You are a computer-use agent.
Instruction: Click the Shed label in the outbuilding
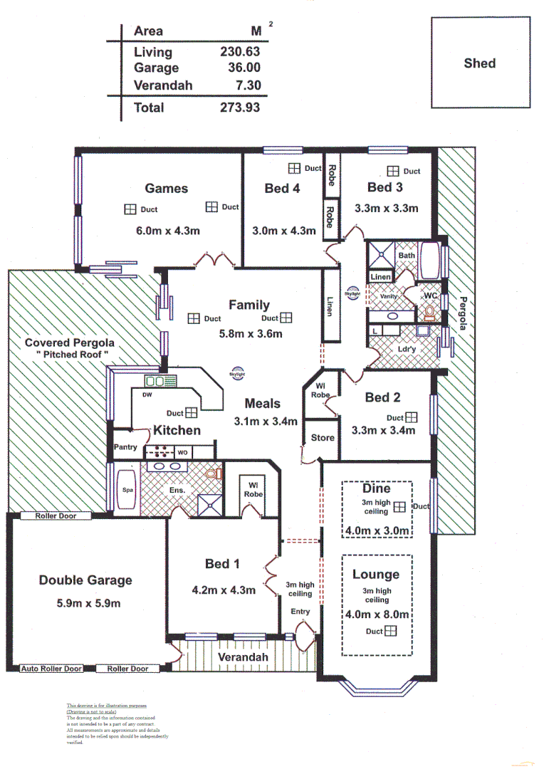point(479,63)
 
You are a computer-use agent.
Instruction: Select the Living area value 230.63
point(240,52)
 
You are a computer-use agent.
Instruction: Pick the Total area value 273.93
point(240,108)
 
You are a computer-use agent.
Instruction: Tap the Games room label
point(167,189)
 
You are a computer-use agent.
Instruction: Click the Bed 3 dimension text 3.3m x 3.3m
point(386,209)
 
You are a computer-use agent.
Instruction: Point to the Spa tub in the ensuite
point(127,490)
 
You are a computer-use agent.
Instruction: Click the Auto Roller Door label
point(51,669)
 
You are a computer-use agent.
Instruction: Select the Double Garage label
point(85,580)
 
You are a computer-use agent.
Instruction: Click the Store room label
point(323,438)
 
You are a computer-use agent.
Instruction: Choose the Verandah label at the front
point(243,656)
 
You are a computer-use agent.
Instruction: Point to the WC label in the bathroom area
point(429,295)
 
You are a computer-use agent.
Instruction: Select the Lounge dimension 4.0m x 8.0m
point(377,614)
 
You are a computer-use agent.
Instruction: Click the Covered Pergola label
point(69,342)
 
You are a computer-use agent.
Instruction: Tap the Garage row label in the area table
point(156,68)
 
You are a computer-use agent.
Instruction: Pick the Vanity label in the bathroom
point(389,296)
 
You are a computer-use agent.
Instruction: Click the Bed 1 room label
point(221,564)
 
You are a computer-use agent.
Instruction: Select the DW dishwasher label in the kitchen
point(147,394)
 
